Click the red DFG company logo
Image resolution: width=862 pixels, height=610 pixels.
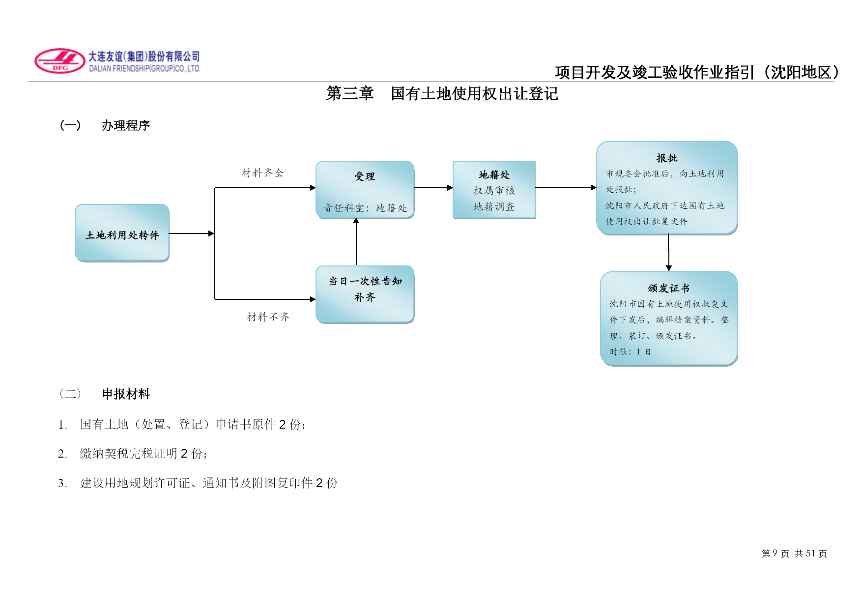(x=60, y=61)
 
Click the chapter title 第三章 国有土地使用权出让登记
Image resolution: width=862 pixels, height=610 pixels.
(x=442, y=93)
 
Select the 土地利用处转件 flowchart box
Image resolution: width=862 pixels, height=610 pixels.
(x=122, y=233)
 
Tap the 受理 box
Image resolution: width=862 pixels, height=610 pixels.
(x=365, y=190)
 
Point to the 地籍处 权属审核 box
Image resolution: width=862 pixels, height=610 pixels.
(x=494, y=190)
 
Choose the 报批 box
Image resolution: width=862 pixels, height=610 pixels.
(x=667, y=188)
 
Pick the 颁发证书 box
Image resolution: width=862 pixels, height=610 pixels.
(x=669, y=319)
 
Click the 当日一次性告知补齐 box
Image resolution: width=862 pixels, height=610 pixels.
(x=365, y=294)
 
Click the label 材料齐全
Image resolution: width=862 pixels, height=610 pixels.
(x=263, y=173)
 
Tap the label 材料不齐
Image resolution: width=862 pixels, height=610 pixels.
(x=268, y=317)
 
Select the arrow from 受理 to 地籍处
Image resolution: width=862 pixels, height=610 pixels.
(x=433, y=188)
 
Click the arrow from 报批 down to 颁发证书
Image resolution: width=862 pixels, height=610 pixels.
(x=668, y=253)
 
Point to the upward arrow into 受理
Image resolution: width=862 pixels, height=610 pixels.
(x=356, y=242)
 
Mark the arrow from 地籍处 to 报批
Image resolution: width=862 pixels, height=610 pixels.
(x=566, y=188)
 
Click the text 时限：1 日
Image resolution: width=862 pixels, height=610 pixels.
(x=631, y=352)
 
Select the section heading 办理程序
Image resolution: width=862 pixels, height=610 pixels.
(x=126, y=126)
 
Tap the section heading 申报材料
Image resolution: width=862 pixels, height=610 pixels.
(x=126, y=394)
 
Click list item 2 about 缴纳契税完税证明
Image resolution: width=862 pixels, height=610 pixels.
(x=133, y=454)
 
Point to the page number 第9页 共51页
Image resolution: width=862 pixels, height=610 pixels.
(x=794, y=554)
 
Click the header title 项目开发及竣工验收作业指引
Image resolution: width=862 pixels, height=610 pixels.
(x=654, y=72)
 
